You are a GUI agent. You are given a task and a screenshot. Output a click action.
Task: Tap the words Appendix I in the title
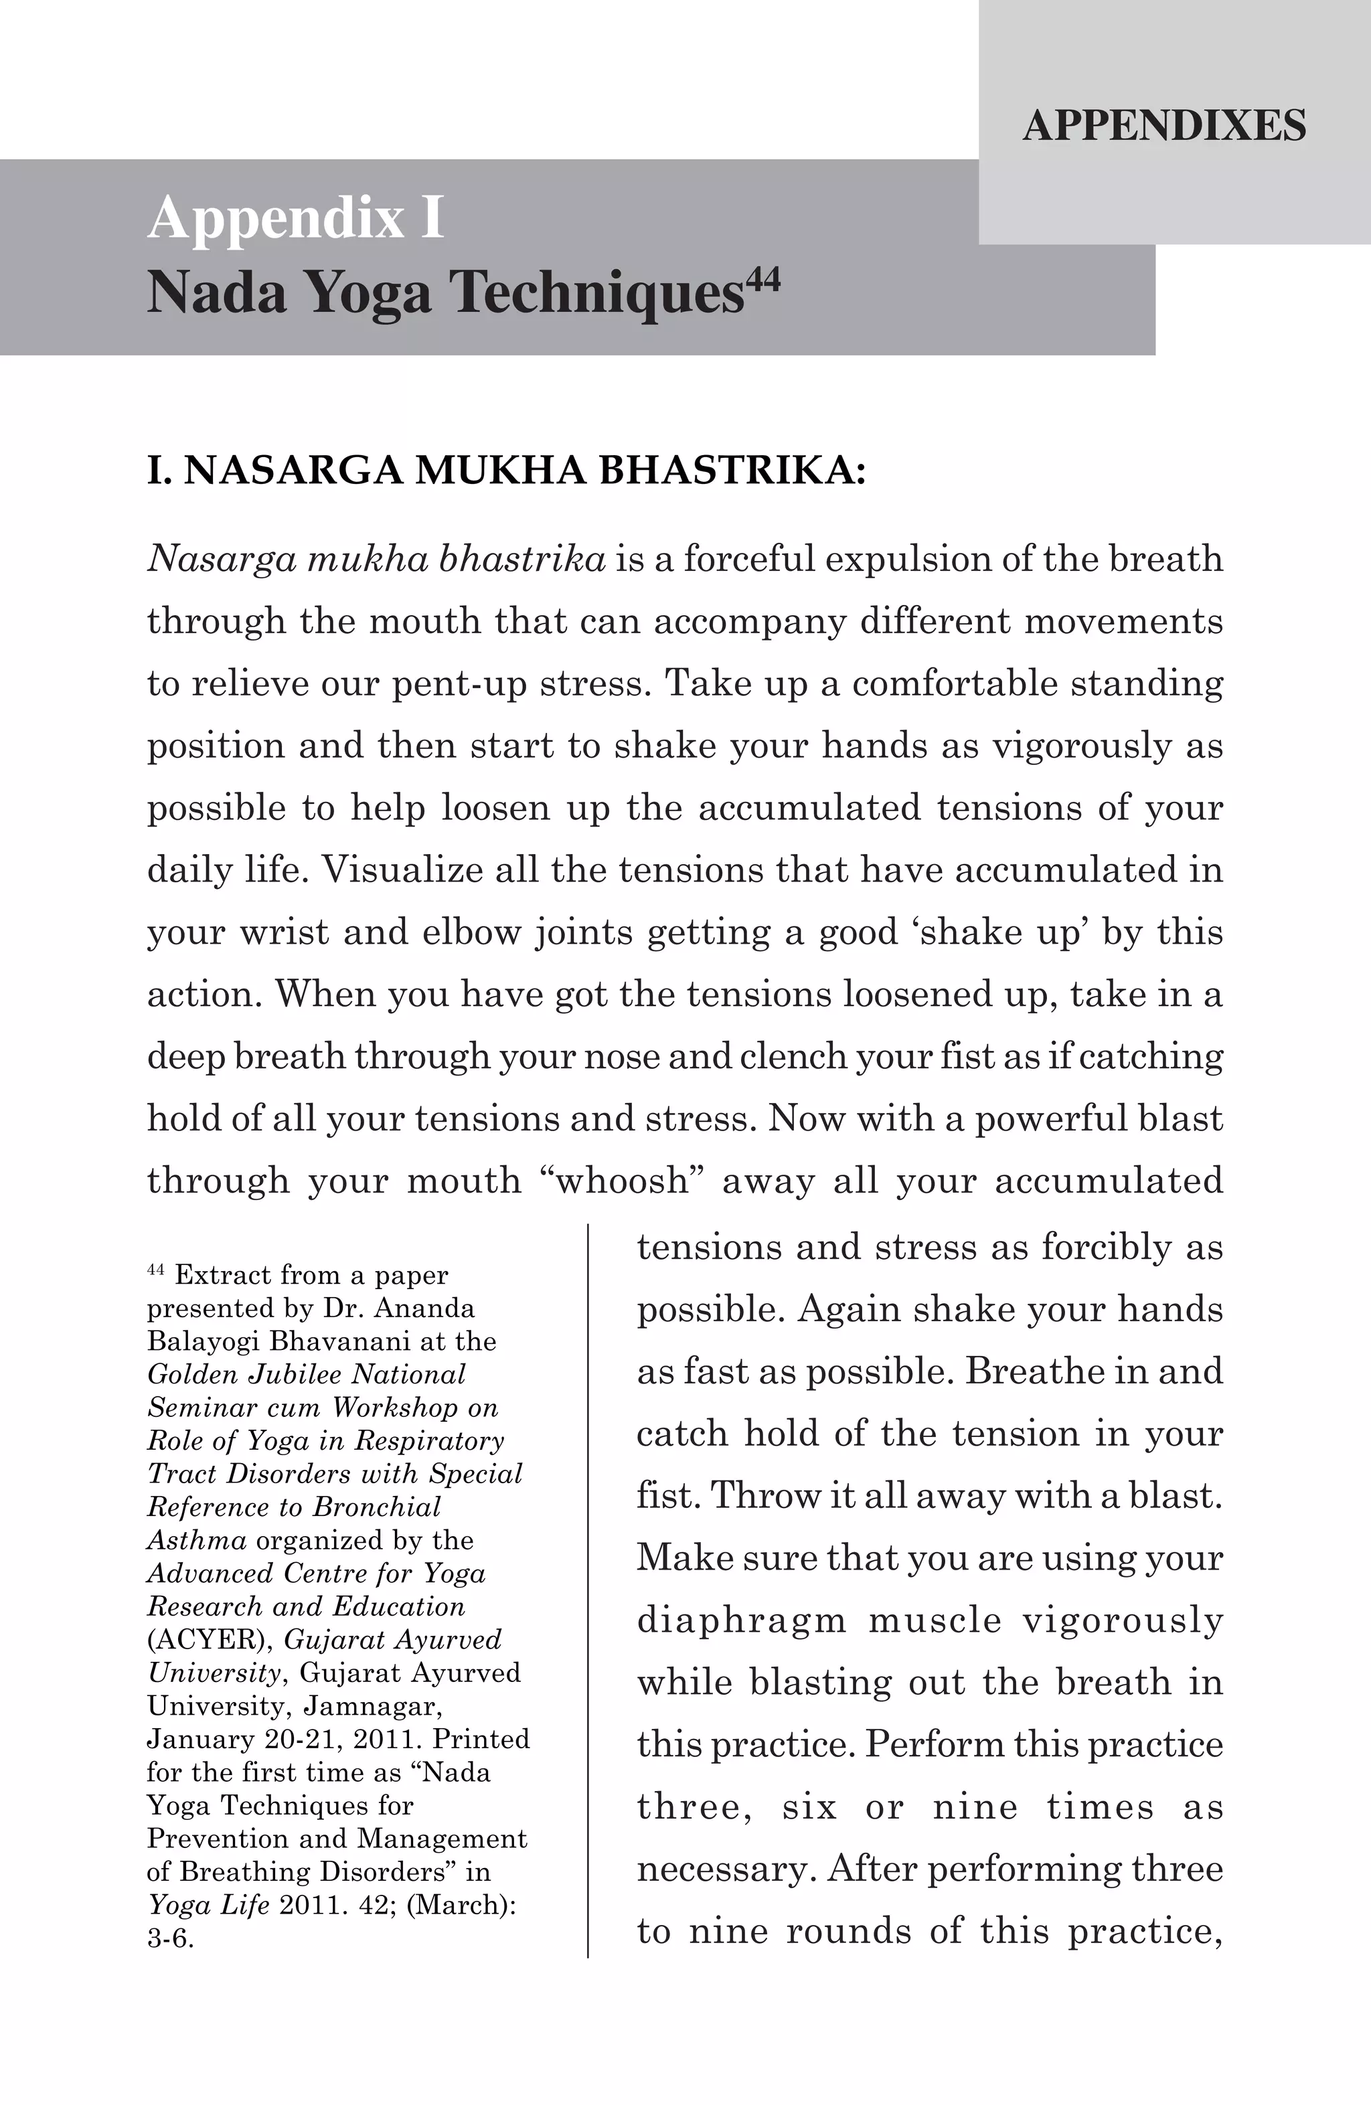coord(295,218)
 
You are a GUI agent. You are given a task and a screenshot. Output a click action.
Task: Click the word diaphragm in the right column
coord(741,1620)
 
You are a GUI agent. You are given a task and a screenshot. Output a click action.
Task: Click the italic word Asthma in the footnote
coord(196,1540)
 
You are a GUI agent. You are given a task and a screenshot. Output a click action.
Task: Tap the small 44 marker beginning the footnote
coord(156,1271)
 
